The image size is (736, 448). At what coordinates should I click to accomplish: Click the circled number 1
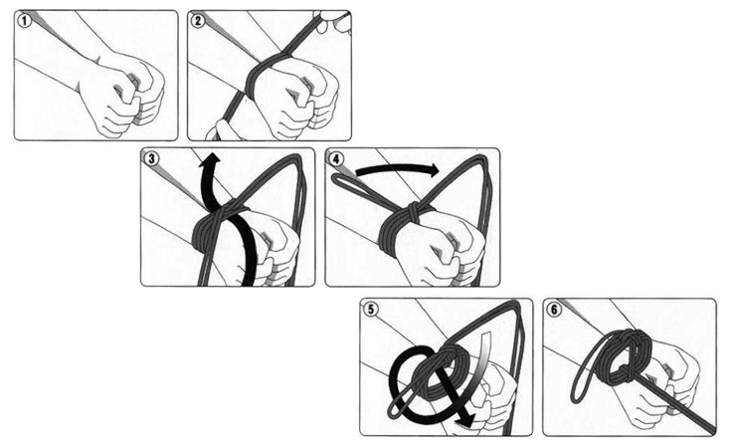[x=24, y=20]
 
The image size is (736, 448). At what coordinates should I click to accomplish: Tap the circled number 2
[x=198, y=20]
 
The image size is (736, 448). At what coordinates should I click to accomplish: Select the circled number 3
[x=151, y=158]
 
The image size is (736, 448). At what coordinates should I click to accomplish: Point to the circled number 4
[x=335, y=158]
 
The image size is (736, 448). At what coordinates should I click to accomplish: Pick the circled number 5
[x=371, y=309]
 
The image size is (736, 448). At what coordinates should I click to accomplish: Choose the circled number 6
[x=554, y=309]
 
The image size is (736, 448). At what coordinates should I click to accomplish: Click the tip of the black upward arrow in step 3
[x=211, y=153]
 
